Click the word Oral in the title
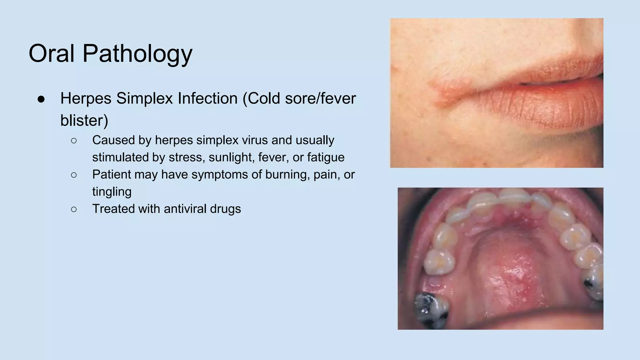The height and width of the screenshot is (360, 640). [x=52, y=53]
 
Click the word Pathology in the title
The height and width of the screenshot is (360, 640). [x=137, y=54]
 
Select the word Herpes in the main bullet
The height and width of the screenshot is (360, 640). [x=86, y=98]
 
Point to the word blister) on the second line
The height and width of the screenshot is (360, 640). [x=84, y=121]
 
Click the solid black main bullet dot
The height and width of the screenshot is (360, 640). [x=41, y=99]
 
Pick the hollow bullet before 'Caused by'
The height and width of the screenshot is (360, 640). [x=74, y=141]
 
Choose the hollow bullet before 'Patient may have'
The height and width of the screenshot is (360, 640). [x=74, y=175]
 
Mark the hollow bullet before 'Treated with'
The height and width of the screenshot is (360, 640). [x=74, y=209]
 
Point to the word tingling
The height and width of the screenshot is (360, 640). [x=112, y=192]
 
